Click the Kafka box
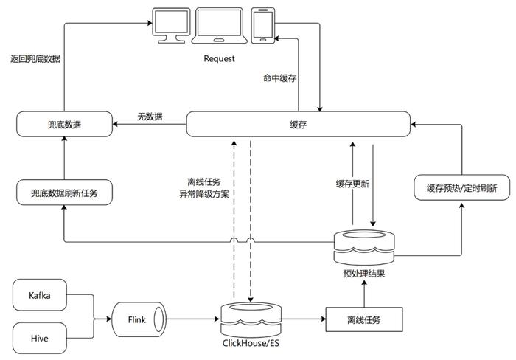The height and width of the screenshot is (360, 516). point(40,295)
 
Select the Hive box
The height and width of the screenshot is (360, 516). point(40,339)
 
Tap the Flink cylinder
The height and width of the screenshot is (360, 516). point(139,319)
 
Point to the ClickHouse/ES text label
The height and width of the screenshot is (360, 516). point(251,343)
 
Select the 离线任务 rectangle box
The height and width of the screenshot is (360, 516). point(364,319)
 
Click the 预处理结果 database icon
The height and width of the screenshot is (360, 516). point(364,247)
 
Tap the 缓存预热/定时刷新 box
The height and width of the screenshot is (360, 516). point(461,187)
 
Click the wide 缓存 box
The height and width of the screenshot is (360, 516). point(298,124)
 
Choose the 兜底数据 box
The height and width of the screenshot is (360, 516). point(65,124)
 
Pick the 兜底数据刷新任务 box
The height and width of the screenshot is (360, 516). point(65,193)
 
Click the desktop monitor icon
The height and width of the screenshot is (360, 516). point(172,25)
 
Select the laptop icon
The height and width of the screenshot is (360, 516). point(220,25)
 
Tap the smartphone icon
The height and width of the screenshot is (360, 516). point(263,26)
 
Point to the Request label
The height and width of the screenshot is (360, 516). point(219,58)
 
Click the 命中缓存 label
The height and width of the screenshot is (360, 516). point(279,78)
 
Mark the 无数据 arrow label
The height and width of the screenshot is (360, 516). point(150,117)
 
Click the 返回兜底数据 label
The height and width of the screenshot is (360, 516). point(35,58)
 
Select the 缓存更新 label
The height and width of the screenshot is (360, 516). point(352,184)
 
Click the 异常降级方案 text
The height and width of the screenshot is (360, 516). point(204,194)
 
